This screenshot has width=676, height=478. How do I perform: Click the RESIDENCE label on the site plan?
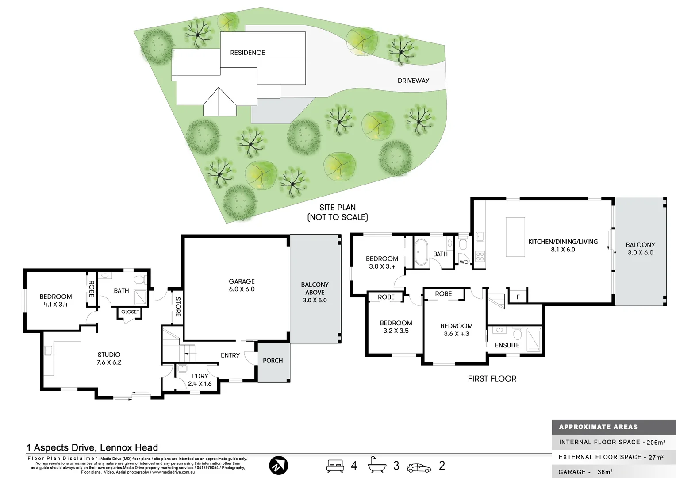[247, 53]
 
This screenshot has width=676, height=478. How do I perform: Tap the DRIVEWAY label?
[413, 81]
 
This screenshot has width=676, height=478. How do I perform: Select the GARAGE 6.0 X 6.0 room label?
[242, 285]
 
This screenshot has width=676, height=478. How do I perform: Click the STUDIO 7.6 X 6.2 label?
[109, 358]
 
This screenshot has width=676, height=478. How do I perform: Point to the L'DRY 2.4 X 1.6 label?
[200, 380]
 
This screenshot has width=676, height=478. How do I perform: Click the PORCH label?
[273, 361]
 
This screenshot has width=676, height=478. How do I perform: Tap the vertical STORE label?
[178, 307]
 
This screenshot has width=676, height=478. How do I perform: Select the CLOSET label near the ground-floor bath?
[130, 312]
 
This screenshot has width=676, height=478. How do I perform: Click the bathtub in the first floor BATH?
[421, 253]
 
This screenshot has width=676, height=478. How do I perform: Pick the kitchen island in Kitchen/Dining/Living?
[515, 237]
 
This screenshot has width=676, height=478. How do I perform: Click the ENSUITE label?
[507, 345]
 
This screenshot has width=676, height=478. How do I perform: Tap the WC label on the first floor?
[464, 262]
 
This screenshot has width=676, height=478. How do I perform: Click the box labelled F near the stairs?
[518, 297]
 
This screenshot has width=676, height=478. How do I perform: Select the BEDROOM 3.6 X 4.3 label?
[456, 330]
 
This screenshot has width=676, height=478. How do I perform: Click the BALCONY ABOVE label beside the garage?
[315, 292]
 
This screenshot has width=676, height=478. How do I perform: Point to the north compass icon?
[279, 466]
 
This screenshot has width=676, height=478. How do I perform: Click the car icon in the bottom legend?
[419, 467]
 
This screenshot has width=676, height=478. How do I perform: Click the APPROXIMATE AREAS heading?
[598, 427]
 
